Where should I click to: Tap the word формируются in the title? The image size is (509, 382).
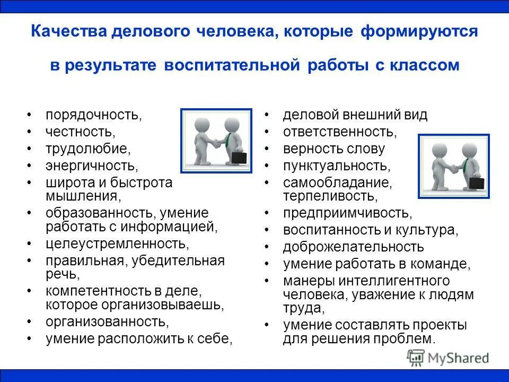[x=419, y=32]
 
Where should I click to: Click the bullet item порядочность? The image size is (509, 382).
[x=93, y=115]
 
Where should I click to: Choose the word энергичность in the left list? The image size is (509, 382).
[x=91, y=166]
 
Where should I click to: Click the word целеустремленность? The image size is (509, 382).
[x=117, y=244]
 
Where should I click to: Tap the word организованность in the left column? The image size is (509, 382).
[x=107, y=322]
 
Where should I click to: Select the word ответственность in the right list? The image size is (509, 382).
[x=339, y=132]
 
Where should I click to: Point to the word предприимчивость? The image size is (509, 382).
[x=347, y=213]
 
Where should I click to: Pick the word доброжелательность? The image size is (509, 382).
[x=353, y=247]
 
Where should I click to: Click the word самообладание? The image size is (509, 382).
[x=337, y=183]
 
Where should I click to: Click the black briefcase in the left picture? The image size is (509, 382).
[x=238, y=158]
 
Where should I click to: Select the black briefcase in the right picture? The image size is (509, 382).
[x=476, y=183]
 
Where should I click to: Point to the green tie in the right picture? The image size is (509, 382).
[x=465, y=166]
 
